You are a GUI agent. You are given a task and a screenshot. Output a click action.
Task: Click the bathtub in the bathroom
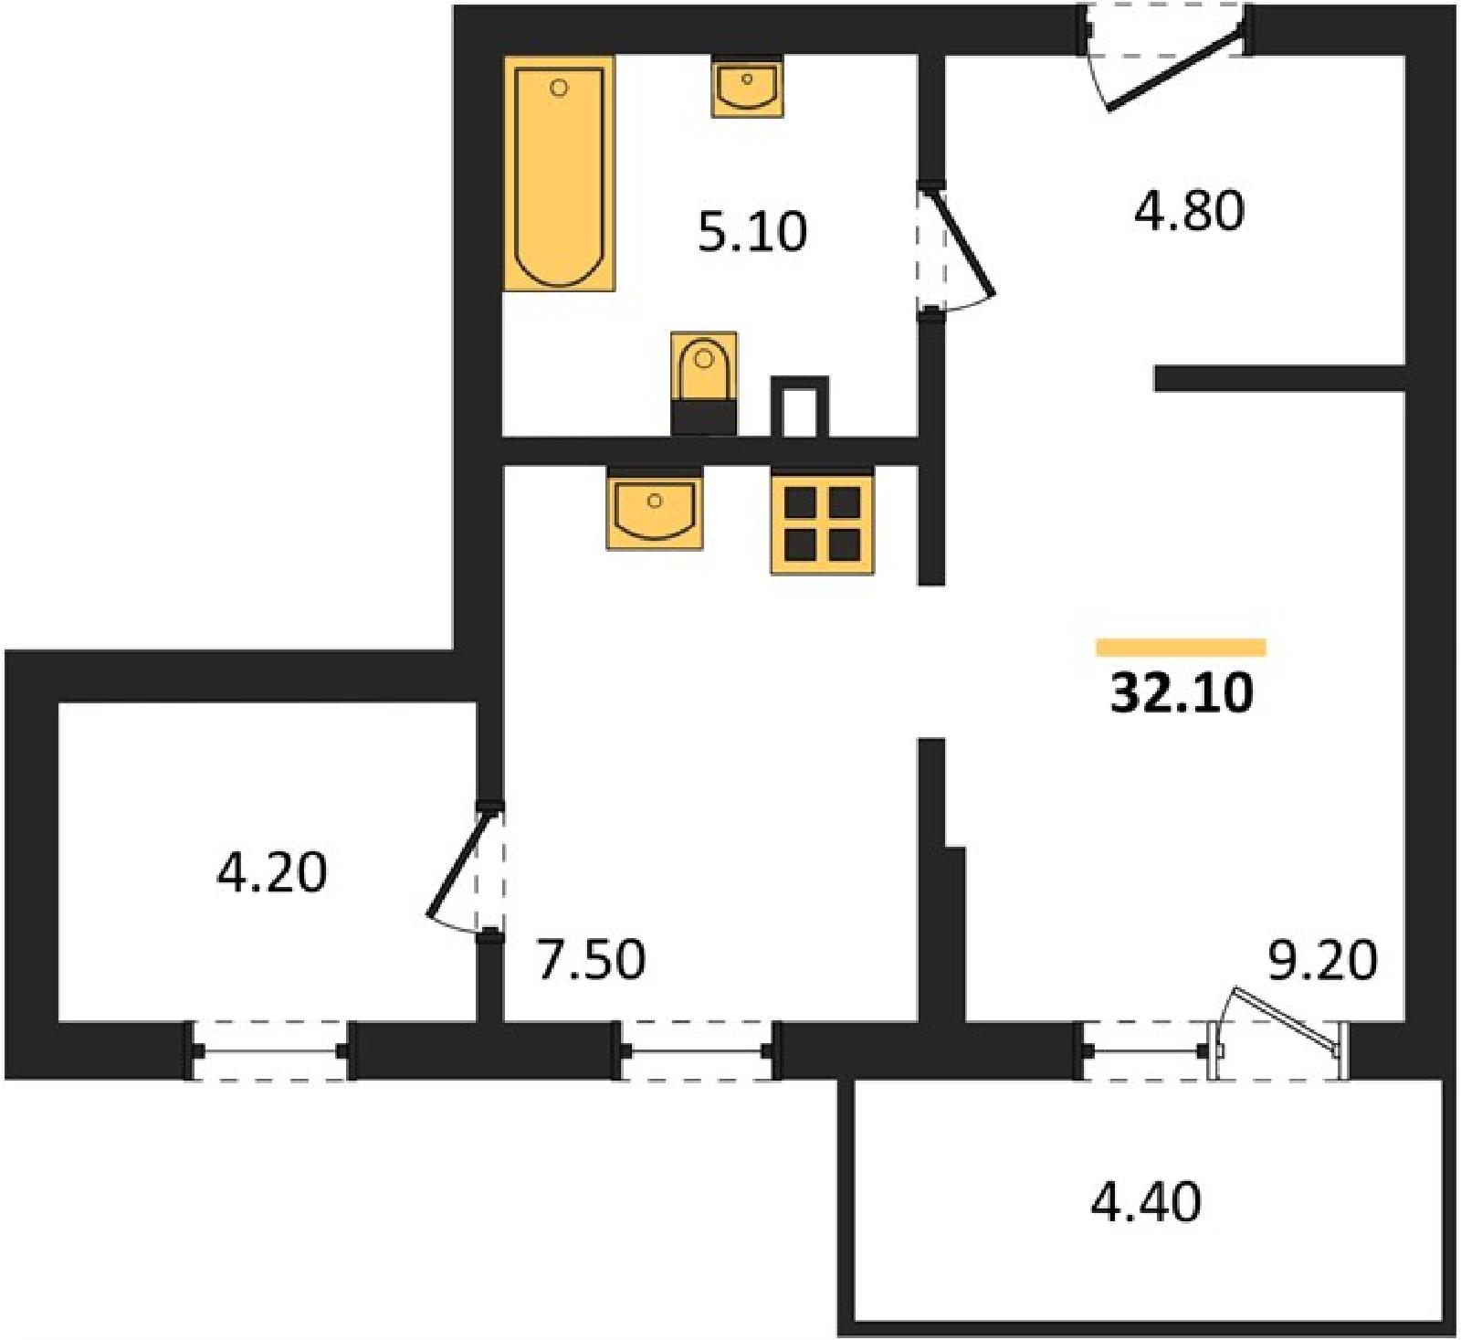coord(559,173)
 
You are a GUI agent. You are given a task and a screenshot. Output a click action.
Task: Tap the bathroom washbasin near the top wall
coord(748,86)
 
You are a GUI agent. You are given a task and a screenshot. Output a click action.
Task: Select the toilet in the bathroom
coord(704,383)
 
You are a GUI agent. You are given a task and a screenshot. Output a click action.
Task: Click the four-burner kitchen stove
coord(823,521)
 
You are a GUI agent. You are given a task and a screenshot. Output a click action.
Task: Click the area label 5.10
coord(752,232)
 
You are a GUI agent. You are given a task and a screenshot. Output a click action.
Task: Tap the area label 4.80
coord(1189,211)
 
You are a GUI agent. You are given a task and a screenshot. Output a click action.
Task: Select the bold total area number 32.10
coord(1182,693)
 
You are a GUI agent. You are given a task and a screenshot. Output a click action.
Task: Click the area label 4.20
coord(271,872)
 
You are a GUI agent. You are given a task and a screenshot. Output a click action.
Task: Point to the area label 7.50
coord(591,960)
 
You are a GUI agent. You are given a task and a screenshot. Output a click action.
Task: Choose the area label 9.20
coord(1323,960)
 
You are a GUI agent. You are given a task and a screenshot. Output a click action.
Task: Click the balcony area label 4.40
coord(1146,1201)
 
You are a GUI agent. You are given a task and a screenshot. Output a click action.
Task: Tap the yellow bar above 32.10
coord(1181,648)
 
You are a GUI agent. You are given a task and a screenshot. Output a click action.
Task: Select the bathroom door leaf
coord(962,243)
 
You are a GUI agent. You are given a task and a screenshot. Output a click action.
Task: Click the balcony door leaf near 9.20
coord(1285,1020)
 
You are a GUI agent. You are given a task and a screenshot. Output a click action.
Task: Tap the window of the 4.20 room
coord(269,1051)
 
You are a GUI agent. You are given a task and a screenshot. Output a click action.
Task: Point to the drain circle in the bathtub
coord(560,88)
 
